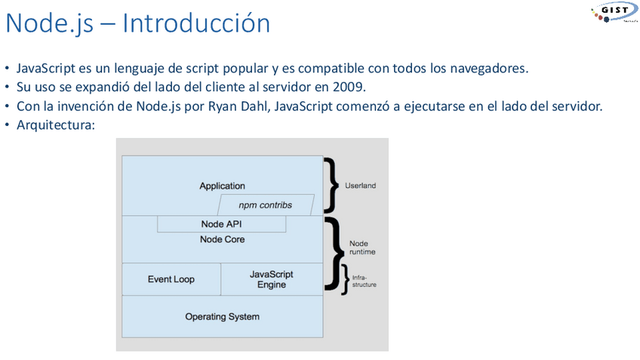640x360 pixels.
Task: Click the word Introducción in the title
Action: [x=196, y=23]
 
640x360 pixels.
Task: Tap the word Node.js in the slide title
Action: [x=48, y=23]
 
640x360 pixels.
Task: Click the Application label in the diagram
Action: [x=222, y=186]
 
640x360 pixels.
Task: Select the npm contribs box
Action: [x=265, y=205]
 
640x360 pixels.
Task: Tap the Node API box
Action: [x=221, y=224]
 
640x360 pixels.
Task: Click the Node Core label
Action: [x=222, y=239]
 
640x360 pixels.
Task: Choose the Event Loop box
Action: [x=171, y=279]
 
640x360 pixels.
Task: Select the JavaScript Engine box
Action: [x=271, y=279]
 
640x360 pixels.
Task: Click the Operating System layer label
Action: [x=222, y=316]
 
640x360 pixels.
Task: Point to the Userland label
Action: [x=360, y=185]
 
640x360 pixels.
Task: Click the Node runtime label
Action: [x=362, y=248]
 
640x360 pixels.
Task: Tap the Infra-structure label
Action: [x=364, y=281]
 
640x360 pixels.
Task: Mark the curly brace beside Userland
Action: [x=329, y=185]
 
